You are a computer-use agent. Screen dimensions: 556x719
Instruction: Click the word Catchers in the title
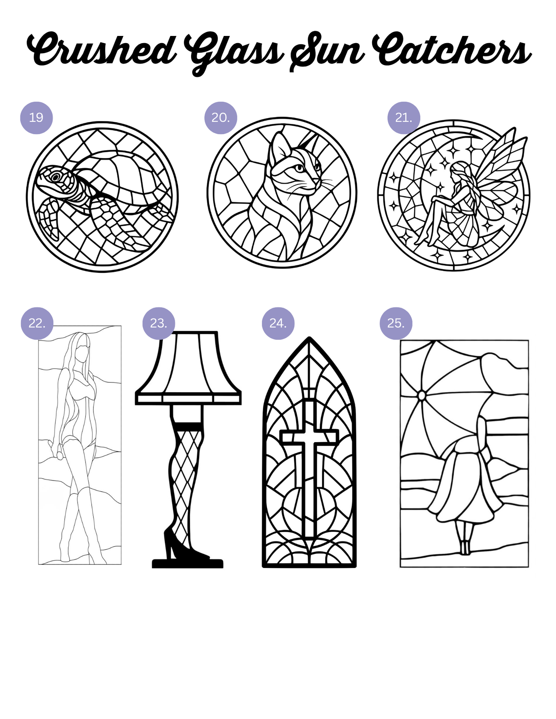point(452,50)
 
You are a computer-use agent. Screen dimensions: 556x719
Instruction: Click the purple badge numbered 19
point(36,117)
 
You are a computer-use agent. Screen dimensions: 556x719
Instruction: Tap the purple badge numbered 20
point(221,117)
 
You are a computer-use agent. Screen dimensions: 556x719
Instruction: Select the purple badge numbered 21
point(404,117)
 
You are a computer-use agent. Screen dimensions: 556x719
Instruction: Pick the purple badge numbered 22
point(37,323)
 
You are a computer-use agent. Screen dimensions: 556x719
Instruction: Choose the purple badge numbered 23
point(159,323)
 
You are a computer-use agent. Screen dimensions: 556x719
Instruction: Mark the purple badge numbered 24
point(278,323)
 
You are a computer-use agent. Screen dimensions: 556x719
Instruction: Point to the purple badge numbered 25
point(396,323)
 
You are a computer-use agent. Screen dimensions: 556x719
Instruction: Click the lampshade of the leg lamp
point(188,368)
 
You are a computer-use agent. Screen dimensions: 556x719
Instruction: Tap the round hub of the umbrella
point(421,395)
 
